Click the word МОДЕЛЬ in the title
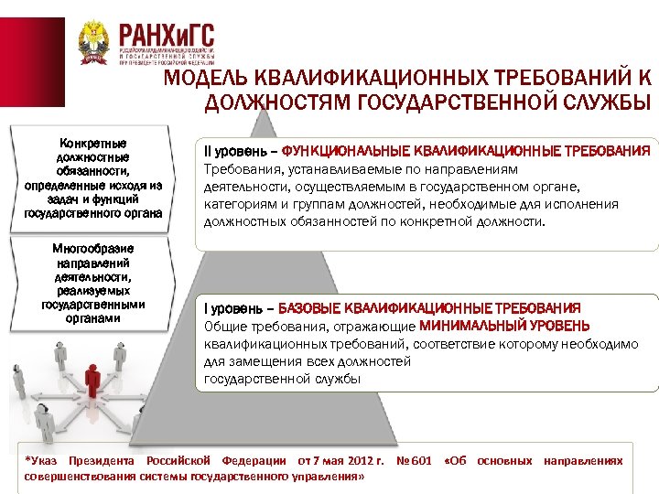click(207, 79)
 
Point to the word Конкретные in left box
click(92, 144)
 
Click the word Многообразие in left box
click(92, 248)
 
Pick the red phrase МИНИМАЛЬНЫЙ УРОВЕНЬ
click(504, 327)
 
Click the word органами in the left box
click(92, 319)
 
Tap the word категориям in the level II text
click(238, 204)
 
